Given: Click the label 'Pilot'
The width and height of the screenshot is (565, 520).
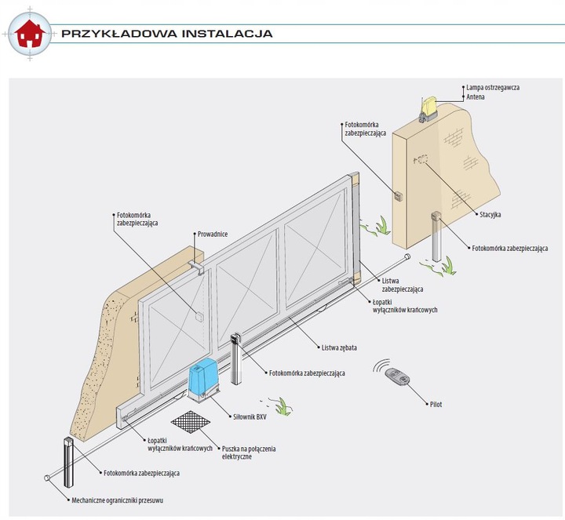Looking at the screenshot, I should pos(436,404).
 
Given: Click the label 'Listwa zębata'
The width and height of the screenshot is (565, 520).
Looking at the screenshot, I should pos(339,347).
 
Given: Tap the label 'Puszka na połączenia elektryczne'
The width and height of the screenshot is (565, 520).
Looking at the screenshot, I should pos(249,452).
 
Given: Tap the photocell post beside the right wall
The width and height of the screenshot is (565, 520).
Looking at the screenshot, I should pos(436,235).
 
